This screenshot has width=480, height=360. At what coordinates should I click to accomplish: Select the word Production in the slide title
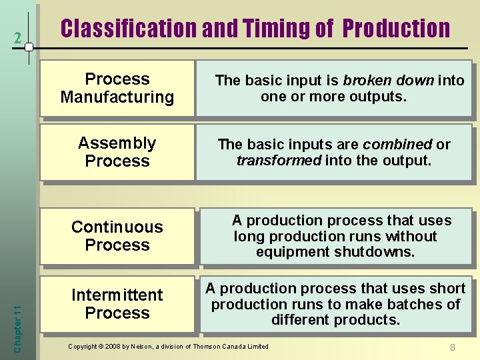pos(397,29)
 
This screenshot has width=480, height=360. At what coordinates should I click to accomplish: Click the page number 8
pos(452,347)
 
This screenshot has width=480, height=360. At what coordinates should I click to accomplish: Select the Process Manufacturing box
pos(117,88)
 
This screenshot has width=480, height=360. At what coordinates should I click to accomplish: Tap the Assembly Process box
pos(117,152)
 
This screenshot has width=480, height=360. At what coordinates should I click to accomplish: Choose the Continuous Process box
pos(117,236)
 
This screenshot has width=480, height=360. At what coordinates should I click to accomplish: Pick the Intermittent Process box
pos(117,304)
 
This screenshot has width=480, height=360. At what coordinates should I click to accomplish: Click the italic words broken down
pos(388,81)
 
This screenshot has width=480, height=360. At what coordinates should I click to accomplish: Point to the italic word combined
pos(397,145)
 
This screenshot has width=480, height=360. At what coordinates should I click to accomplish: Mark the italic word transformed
pos(279,161)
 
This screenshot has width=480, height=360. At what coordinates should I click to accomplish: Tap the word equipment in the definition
pos(287,252)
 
